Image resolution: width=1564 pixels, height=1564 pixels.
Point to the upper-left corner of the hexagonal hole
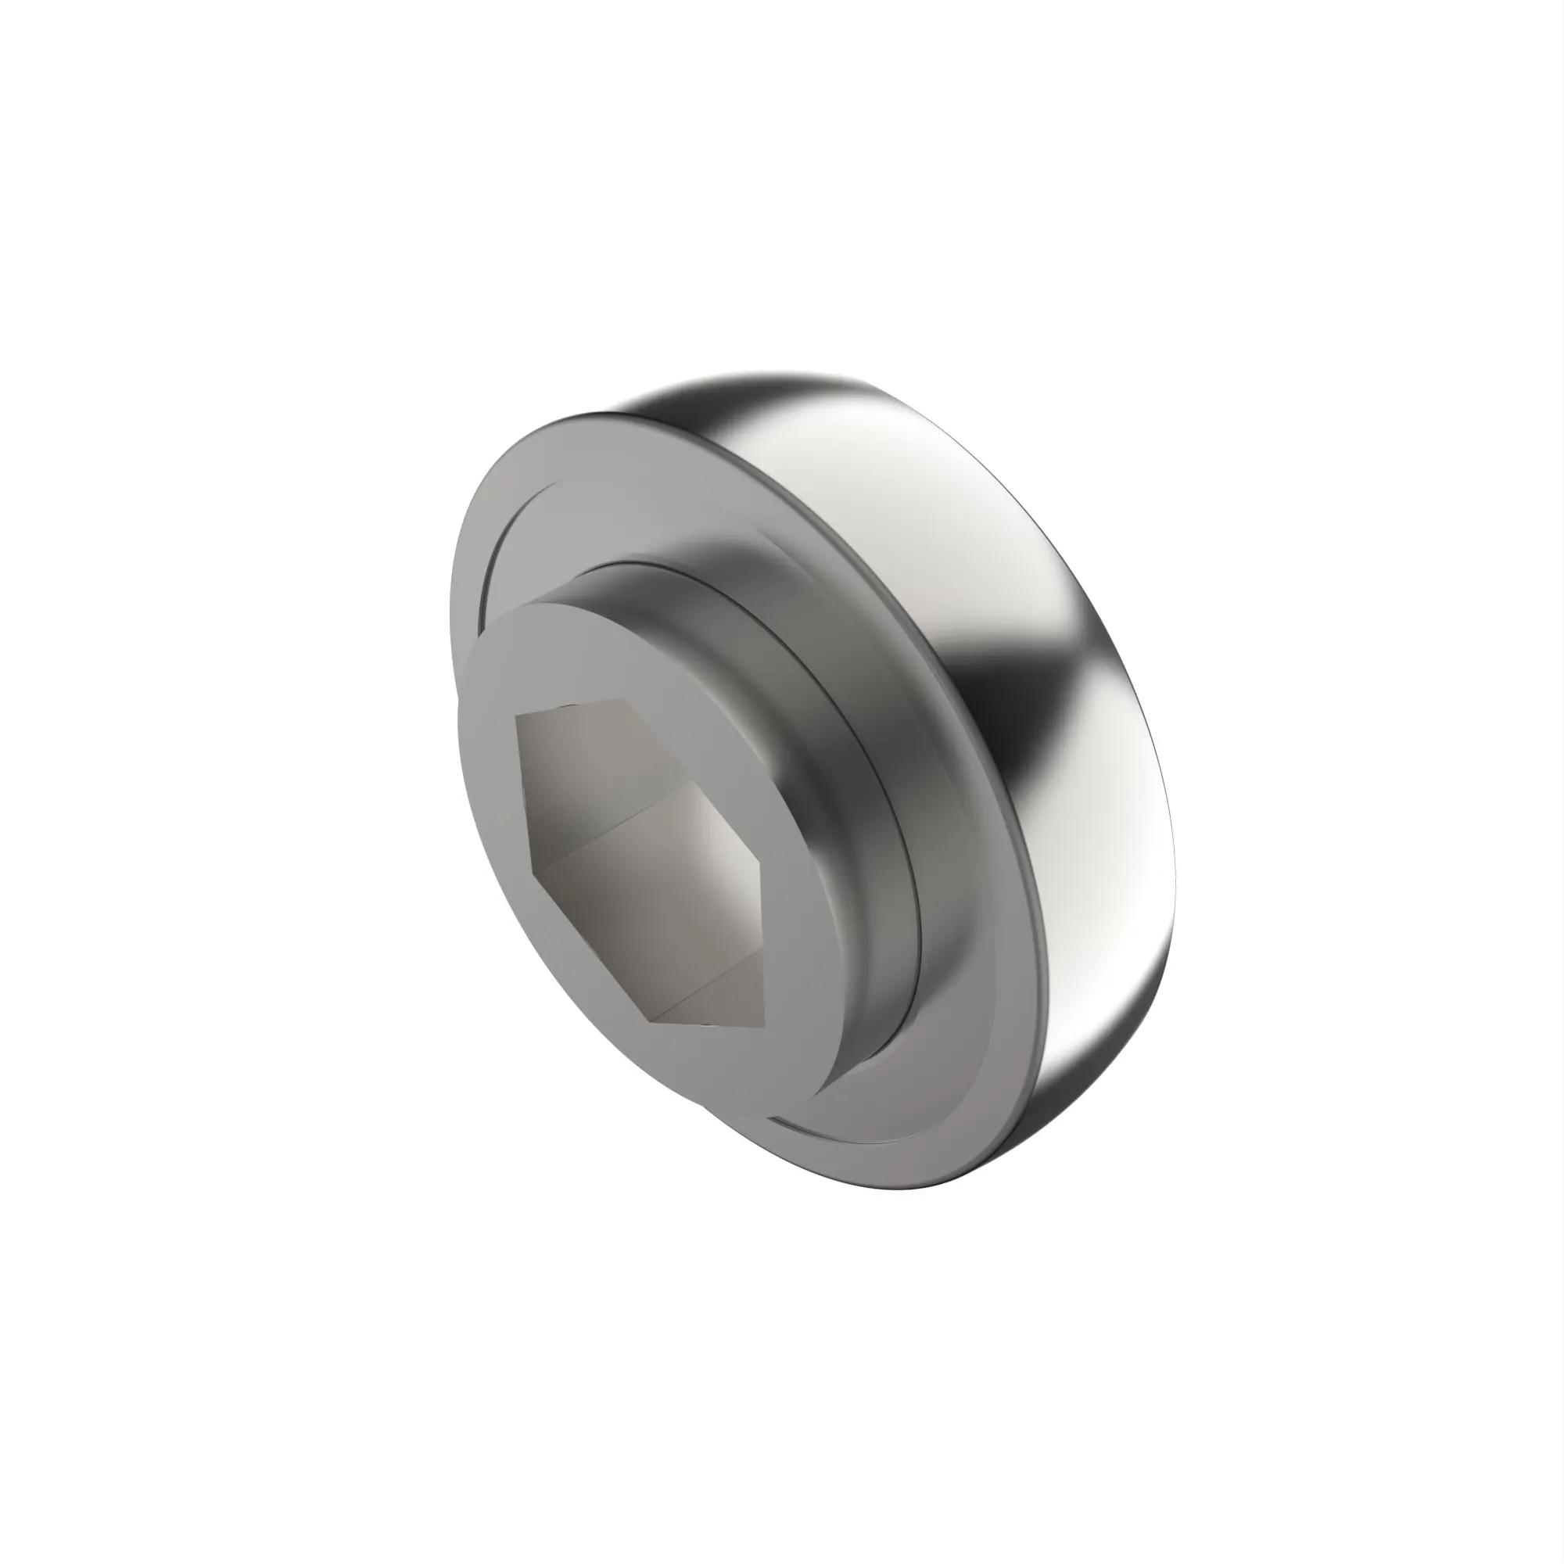(x=515, y=716)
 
